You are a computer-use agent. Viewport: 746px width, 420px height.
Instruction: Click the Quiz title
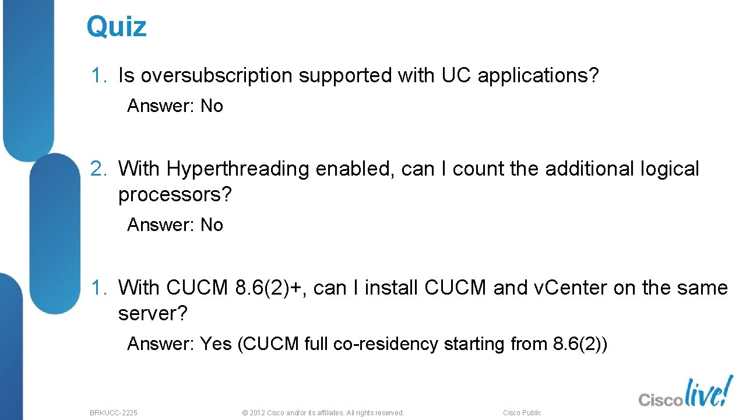point(117,27)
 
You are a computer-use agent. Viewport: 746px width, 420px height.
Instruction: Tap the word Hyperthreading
point(238,169)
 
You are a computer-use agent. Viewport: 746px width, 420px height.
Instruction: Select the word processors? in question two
point(175,195)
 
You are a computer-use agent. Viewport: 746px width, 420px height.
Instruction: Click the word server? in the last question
point(153,314)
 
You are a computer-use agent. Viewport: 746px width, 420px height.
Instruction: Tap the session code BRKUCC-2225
point(114,413)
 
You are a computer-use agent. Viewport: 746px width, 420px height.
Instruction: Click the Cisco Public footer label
point(522,413)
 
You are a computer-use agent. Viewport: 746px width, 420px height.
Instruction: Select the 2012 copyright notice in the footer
point(322,413)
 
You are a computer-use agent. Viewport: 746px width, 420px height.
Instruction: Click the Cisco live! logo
point(685,392)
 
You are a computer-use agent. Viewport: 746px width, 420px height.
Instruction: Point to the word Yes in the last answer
point(216,344)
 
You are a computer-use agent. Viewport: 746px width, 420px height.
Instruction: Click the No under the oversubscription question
point(212,106)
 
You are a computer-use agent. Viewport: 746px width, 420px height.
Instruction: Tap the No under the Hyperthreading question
point(212,225)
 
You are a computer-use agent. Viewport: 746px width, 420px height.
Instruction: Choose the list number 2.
point(96,169)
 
